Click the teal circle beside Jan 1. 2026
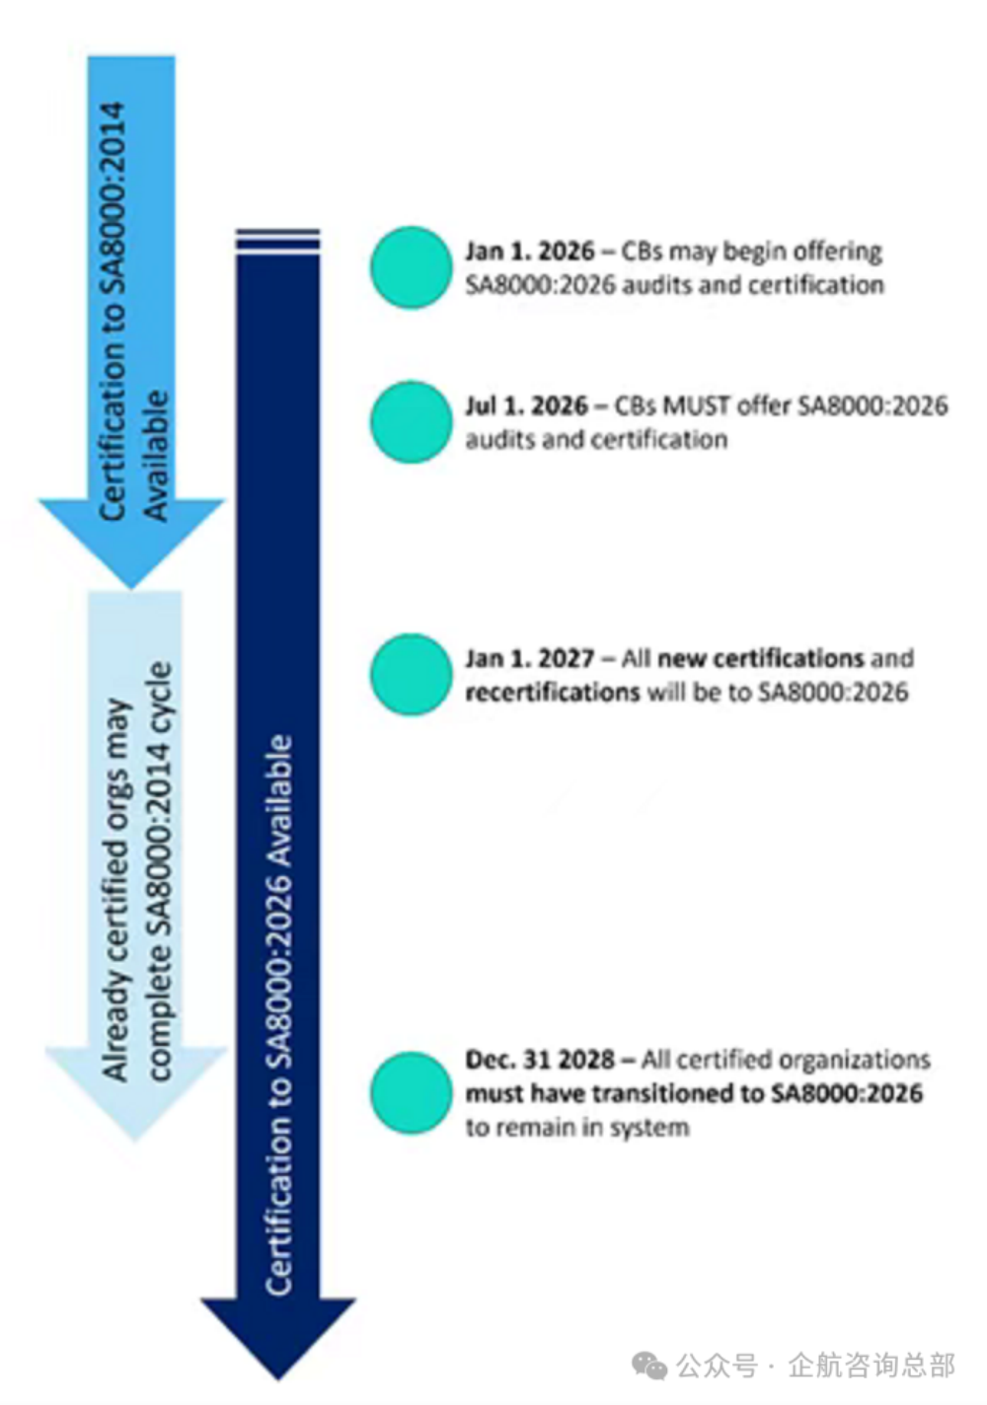pos(411,267)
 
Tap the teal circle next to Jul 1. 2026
pos(411,422)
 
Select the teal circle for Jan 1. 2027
pos(411,675)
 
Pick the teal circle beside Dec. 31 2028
pos(411,1093)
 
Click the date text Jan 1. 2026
pos(529,252)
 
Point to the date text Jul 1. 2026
pos(526,406)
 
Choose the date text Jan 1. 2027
pos(529,659)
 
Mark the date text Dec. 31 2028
pos(540,1060)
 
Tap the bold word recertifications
pos(552,693)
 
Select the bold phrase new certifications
pos(761,659)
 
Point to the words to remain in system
pos(577,1128)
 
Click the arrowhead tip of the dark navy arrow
pos(278,1380)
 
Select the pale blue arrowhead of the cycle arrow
pos(135,1094)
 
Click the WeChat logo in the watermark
pos(650,1366)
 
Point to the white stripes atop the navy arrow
pos(278,242)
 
